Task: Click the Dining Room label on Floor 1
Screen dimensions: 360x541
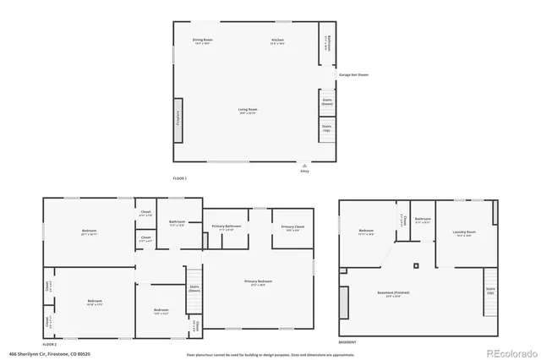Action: tap(202, 41)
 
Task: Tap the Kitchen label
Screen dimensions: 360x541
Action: tap(277, 41)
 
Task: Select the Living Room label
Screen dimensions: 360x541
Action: tap(247, 110)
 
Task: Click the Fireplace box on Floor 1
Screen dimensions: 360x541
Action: tap(178, 114)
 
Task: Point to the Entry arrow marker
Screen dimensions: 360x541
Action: tap(305, 165)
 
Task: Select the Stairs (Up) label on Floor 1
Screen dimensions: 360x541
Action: tap(327, 128)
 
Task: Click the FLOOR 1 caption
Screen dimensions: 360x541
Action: tap(179, 178)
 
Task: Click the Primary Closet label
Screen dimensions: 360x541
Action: tap(287, 227)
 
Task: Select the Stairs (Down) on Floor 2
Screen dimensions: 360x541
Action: tap(194, 288)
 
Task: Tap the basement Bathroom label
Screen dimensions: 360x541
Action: tap(424, 220)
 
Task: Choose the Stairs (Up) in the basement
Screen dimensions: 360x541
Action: tap(490, 290)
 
